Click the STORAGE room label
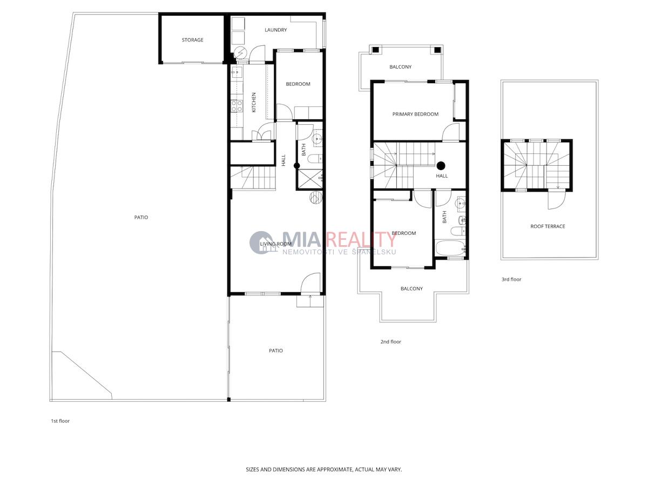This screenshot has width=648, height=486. click(192, 40)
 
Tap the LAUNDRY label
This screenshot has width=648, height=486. click(275, 30)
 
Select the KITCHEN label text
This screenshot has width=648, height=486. click(254, 103)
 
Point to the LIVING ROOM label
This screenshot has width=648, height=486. click(275, 244)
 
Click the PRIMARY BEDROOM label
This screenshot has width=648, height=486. click(415, 114)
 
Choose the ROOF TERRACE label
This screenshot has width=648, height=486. click(548, 226)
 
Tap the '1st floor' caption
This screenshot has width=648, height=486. click(60, 421)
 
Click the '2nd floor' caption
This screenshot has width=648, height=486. click(390, 342)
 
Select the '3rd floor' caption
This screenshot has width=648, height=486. click(511, 279)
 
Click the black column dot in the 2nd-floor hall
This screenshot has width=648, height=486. click(441, 166)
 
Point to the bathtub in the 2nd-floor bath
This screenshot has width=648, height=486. click(451, 248)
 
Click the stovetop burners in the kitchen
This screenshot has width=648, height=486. click(237, 106)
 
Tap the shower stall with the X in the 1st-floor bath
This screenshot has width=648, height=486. click(309, 179)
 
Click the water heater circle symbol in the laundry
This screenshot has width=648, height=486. click(240, 53)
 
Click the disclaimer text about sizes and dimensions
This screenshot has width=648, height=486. click(324, 469)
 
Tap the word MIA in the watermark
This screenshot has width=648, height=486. click(301, 239)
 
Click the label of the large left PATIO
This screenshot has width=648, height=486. click(141, 218)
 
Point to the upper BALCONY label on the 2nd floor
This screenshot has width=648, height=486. click(400, 67)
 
